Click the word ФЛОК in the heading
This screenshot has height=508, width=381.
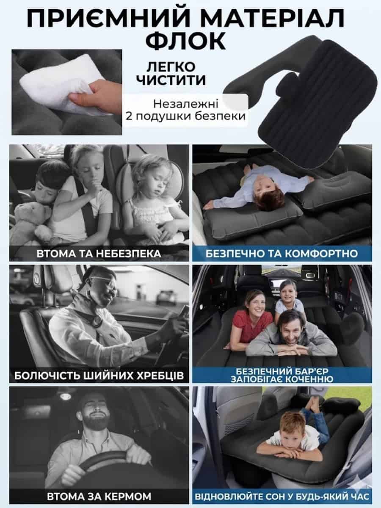186,41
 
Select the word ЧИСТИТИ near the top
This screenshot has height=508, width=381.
171,80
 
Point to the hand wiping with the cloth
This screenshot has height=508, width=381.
97,95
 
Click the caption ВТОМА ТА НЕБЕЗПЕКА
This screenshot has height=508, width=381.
99,254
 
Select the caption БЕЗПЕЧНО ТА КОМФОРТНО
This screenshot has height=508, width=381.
282,254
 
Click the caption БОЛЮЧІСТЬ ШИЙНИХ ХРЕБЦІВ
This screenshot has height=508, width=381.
99,375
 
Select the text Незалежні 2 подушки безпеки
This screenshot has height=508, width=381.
185,110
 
